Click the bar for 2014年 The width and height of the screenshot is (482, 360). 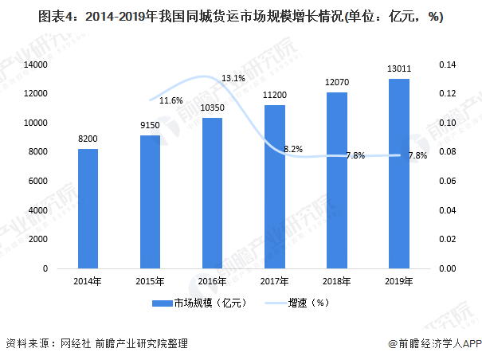point(88,209)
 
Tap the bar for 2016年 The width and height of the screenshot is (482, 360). point(212,193)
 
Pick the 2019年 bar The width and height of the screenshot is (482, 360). point(398,174)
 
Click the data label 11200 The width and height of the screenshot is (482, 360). point(274,95)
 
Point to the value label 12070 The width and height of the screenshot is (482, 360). point(336,82)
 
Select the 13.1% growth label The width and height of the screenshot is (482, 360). point(233,79)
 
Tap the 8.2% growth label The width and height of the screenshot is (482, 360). point(293,149)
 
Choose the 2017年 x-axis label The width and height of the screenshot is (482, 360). point(274,280)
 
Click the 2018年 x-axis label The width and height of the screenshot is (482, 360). point(336,280)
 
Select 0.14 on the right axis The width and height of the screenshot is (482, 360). point(445,65)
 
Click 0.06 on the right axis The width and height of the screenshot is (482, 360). point(445,182)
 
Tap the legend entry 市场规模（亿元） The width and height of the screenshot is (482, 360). point(202,302)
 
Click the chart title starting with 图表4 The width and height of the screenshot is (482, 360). point(241,17)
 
